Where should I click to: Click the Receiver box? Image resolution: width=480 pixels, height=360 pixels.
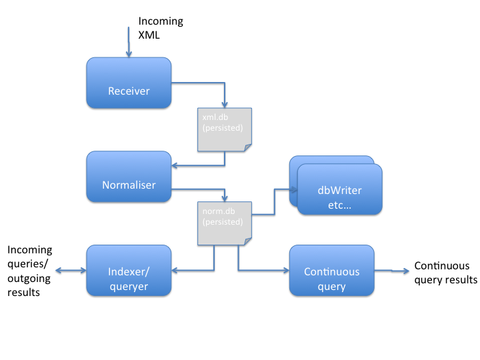[x=129, y=83]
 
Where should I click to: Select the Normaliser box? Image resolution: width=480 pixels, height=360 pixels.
[x=129, y=177]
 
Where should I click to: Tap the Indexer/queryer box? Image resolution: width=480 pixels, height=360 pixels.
[x=129, y=271]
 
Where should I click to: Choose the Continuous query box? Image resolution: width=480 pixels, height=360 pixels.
[x=331, y=271]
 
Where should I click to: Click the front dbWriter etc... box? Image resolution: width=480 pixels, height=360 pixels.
[x=339, y=189]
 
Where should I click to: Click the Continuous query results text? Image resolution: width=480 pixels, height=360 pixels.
[x=445, y=273]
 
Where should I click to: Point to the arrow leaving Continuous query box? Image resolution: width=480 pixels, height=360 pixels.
[x=393, y=271]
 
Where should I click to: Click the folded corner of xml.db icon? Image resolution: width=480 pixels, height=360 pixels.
[x=247, y=146]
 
